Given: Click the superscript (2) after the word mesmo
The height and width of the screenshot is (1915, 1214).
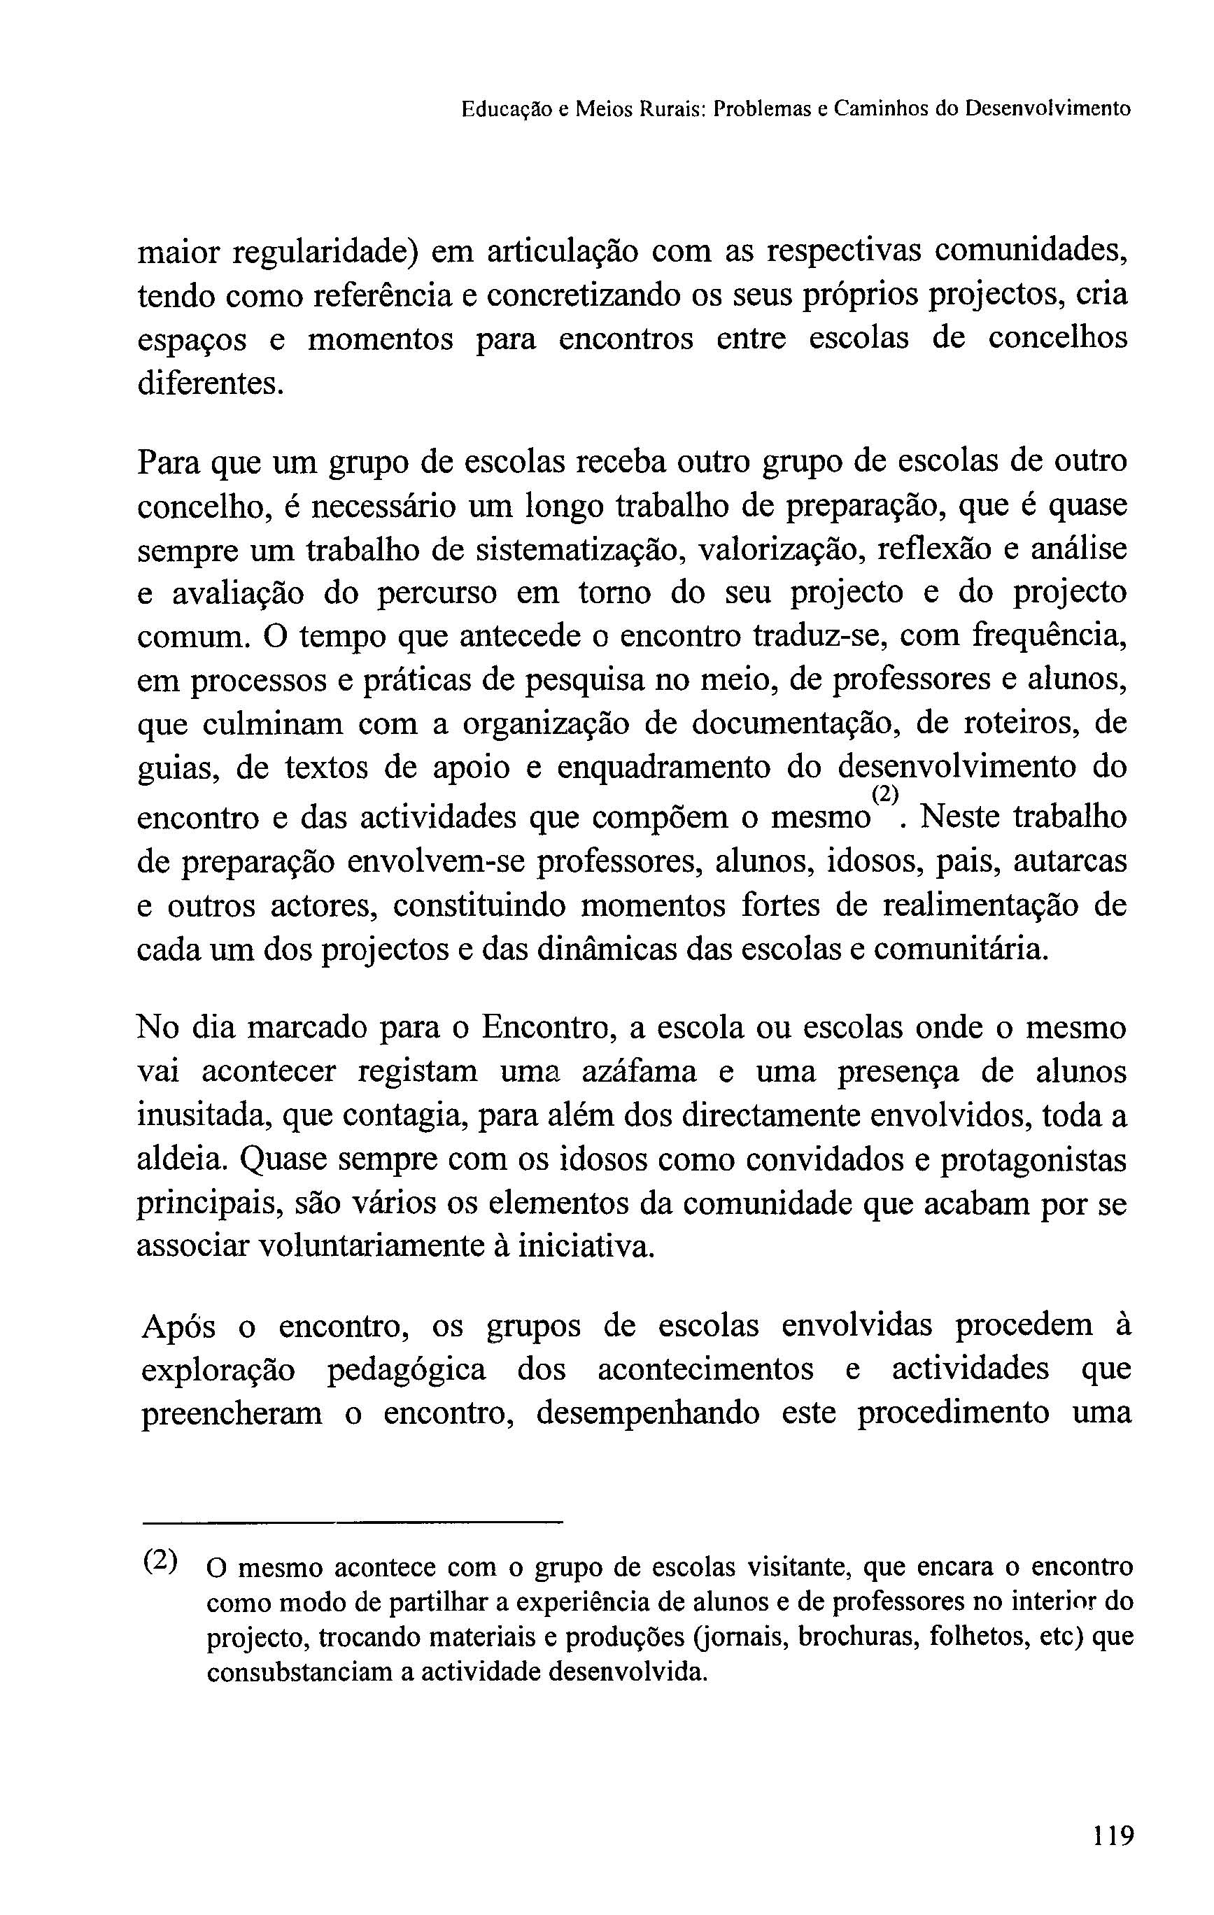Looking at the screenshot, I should click(x=884, y=793).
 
